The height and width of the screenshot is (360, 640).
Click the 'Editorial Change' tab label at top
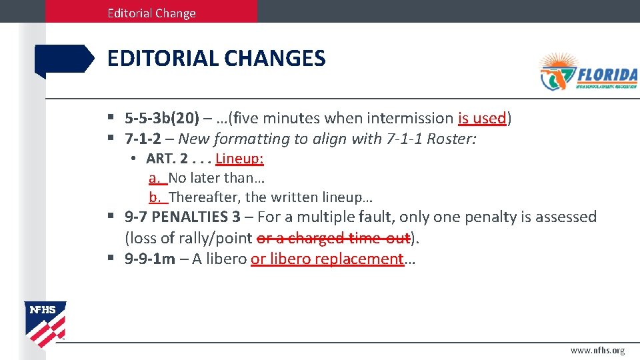[151, 13]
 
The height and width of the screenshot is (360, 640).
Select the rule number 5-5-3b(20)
[162, 119]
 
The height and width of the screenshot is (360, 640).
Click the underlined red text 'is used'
[482, 119]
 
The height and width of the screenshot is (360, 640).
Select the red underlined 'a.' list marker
[155, 178]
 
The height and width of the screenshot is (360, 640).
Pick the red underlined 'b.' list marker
[155, 197]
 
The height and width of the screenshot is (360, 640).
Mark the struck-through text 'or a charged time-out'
[333, 238]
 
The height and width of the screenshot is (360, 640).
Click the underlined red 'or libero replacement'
[327, 259]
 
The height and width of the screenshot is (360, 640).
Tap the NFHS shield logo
[45, 324]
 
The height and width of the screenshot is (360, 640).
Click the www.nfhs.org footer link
[597, 351]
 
